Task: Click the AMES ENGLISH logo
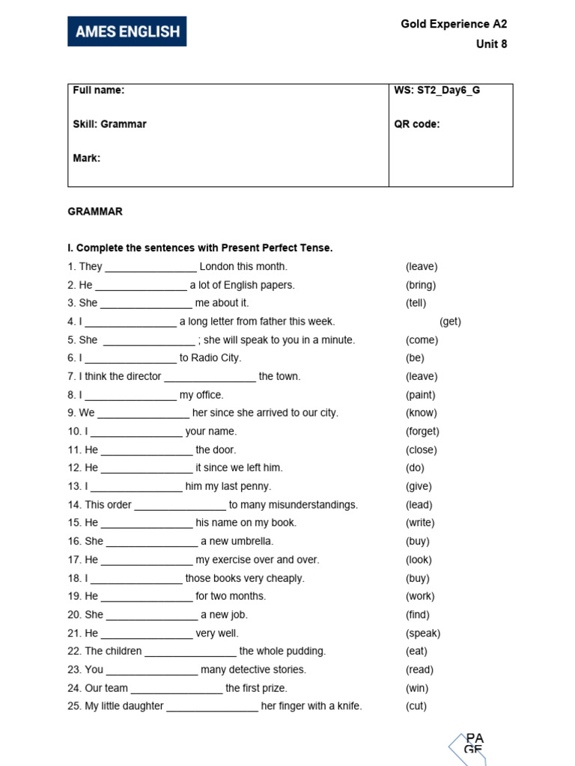coord(127,31)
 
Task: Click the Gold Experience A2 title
coord(454,24)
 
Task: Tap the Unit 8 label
coord(491,44)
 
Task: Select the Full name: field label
coord(99,91)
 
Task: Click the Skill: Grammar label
coord(109,124)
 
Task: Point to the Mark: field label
coord(87,158)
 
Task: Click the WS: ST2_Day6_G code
coord(437,91)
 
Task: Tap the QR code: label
coord(417,124)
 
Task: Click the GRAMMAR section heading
coord(95,212)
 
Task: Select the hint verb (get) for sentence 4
coord(450,322)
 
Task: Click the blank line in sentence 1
coord(150,268)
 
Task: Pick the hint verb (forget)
coord(422,432)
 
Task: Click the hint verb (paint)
coord(420,395)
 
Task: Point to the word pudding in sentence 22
coord(306,652)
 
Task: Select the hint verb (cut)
coord(416,706)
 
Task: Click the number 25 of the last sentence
coord(74,706)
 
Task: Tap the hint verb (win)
coord(416,688)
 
